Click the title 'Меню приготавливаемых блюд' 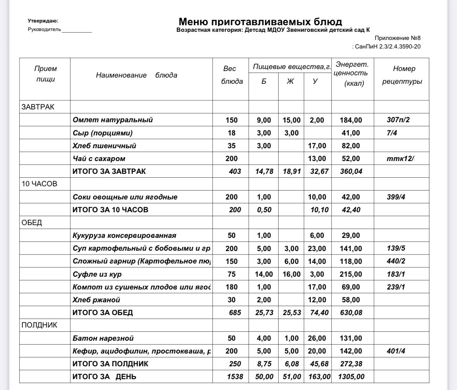260,22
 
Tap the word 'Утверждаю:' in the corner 43,21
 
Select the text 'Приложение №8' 397,38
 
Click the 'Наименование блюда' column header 136,75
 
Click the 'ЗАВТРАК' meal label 38,107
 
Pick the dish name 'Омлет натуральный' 112,120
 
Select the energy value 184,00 351,120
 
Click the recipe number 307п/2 398,120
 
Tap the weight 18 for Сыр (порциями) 231,133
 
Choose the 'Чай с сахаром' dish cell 99,159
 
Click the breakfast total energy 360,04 351,172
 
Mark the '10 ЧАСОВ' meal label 39,184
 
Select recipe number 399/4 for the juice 396,197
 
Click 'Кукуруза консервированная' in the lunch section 124,236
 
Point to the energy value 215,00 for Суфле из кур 351,274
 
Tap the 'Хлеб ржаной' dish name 96,300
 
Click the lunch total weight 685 235,313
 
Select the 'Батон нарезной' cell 103,338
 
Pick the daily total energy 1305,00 351,377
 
